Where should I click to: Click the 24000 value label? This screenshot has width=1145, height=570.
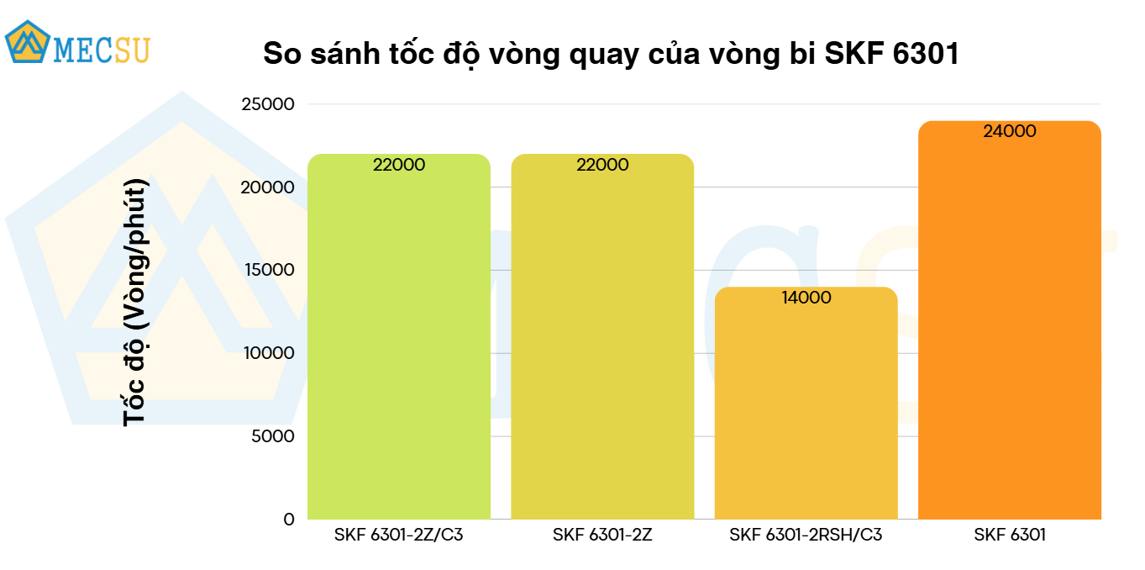pyautogui.click(x=1010, y=132)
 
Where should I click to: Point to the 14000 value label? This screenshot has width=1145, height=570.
pyautogui.click(x=806, y=298)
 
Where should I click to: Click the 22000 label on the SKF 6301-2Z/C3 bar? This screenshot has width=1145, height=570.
pyautogui.click(x=399, y=166)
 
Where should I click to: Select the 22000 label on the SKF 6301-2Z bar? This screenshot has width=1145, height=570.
pyautogui.click(x=602, y=166)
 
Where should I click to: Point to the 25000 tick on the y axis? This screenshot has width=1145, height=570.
pyautogui.click(x=268, y=104)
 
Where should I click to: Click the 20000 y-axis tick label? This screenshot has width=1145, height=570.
pyautogui.click(x=268, y=187)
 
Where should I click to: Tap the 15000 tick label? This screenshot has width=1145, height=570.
pyautogui.click(x=268, y=270)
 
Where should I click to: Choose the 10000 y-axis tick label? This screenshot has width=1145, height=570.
pyautogui.click(x=268, y=353)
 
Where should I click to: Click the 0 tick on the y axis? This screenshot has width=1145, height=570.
pyautogui.click(x=289, y=520)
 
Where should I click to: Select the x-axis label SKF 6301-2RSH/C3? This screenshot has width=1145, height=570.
pyautogui.click(x=806, y=535)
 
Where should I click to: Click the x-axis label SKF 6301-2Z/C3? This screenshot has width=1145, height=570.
pyautogui.click(x=399, y=535)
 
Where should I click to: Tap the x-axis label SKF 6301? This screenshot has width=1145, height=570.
pyautogui.click(x=1010, y=535)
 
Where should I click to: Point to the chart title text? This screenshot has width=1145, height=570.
pyautogui.click(x=611, y=54)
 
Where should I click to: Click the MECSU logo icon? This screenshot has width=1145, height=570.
pyautogui.click(x=27, y=42)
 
